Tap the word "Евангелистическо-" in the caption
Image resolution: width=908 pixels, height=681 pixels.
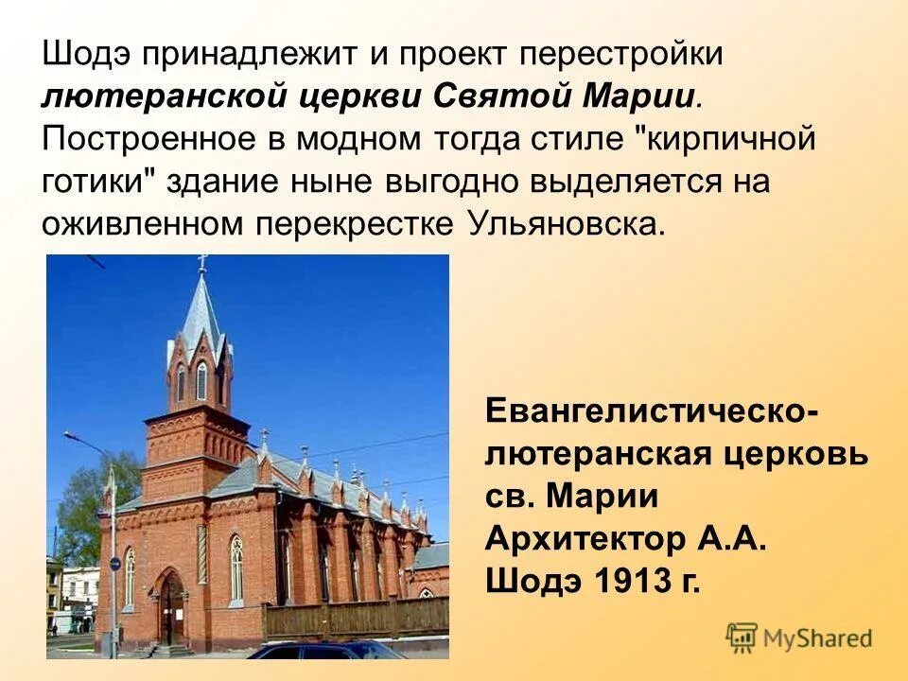point(653,411)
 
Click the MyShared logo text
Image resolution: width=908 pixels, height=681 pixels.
point(818,638)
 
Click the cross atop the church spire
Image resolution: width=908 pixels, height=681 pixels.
point(201,262)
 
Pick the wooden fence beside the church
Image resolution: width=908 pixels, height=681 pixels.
point(355,618)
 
